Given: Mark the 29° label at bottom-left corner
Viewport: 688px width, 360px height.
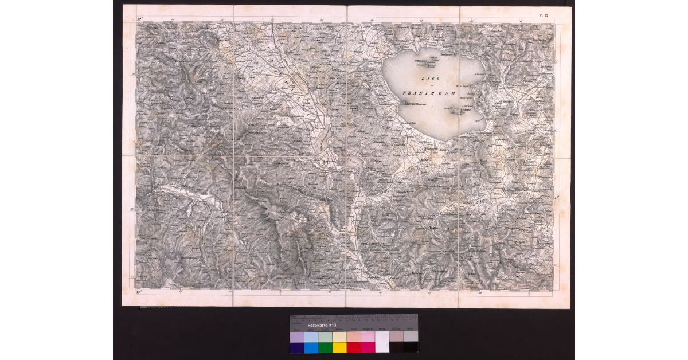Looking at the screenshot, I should coord(139,293).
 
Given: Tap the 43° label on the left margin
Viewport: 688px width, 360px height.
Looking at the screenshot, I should coord(132,209).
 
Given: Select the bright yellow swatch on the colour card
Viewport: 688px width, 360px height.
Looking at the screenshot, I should coord(339,347).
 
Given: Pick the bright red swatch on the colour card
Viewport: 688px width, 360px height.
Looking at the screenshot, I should coord(354,347).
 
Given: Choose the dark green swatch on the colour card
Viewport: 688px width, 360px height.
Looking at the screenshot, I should coord(325,347).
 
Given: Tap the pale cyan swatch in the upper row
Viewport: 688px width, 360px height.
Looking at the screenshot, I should coord(311,337).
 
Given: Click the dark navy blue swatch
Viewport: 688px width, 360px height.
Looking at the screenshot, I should coord(297,347).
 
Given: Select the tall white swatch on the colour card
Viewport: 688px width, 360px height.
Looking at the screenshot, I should coord(382,342).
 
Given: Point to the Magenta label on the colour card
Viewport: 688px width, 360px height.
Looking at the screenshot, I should coord(368,330).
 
